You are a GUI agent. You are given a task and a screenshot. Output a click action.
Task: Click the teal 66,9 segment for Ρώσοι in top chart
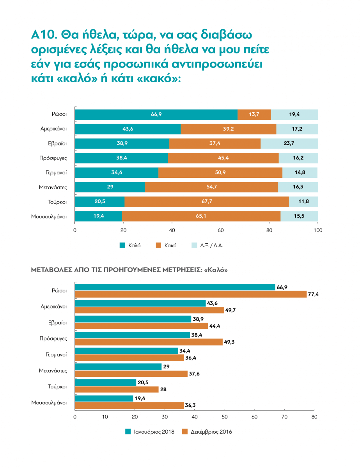(x=156, y=115)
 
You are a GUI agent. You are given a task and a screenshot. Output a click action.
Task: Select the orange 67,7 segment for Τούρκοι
(x=207, y=202)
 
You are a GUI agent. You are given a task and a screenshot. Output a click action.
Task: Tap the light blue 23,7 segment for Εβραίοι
(x=289, y=144)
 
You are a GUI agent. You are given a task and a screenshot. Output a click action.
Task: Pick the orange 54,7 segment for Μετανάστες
(x=211, y=187)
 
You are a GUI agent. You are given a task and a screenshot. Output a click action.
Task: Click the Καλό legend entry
(x=130, y=245)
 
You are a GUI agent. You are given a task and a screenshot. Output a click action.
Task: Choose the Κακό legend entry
(x=166, y=245)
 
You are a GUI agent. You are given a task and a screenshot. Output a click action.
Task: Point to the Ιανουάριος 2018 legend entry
(x=150, y=432)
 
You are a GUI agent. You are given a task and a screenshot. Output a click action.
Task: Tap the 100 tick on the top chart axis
(x=318, y=230)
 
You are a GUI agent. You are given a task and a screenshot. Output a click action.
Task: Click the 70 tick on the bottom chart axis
(x=284, y=417)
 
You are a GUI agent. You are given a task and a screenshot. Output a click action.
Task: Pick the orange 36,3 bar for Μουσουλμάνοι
(x=129, y=406)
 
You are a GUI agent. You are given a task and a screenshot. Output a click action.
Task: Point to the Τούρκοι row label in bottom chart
(x=57, y=386)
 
